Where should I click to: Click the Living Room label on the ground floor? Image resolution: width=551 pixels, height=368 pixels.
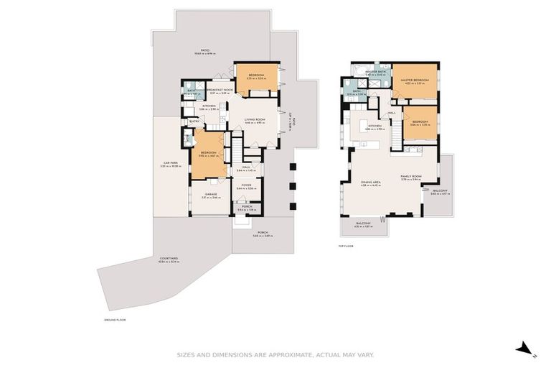pyautogui.click(x=255, y=119)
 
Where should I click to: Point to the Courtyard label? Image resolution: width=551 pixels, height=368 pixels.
pyautogui.click(x=169, y=259)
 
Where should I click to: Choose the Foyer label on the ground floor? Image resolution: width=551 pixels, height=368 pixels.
pyautogui.click(x=246, y=185)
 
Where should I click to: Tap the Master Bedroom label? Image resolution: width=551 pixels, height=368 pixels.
pyautogui.click(x=415, y=80)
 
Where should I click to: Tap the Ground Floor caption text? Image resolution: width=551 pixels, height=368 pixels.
pyautogui.click(x=115, y=318)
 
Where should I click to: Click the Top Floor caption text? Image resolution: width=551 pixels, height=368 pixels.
pyautogui.click(x=346, y=246)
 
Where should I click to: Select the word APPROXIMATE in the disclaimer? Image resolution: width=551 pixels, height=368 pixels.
pyautogui.click(x=277, y=354)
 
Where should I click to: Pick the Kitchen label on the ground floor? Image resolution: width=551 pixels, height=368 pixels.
pyautogui.click(x=209, y=106)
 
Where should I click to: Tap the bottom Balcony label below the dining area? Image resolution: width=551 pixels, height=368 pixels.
pyautogui.click(x=364, y=224)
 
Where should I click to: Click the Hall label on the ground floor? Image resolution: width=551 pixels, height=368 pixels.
pyautogui.click(x=245, y=167)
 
